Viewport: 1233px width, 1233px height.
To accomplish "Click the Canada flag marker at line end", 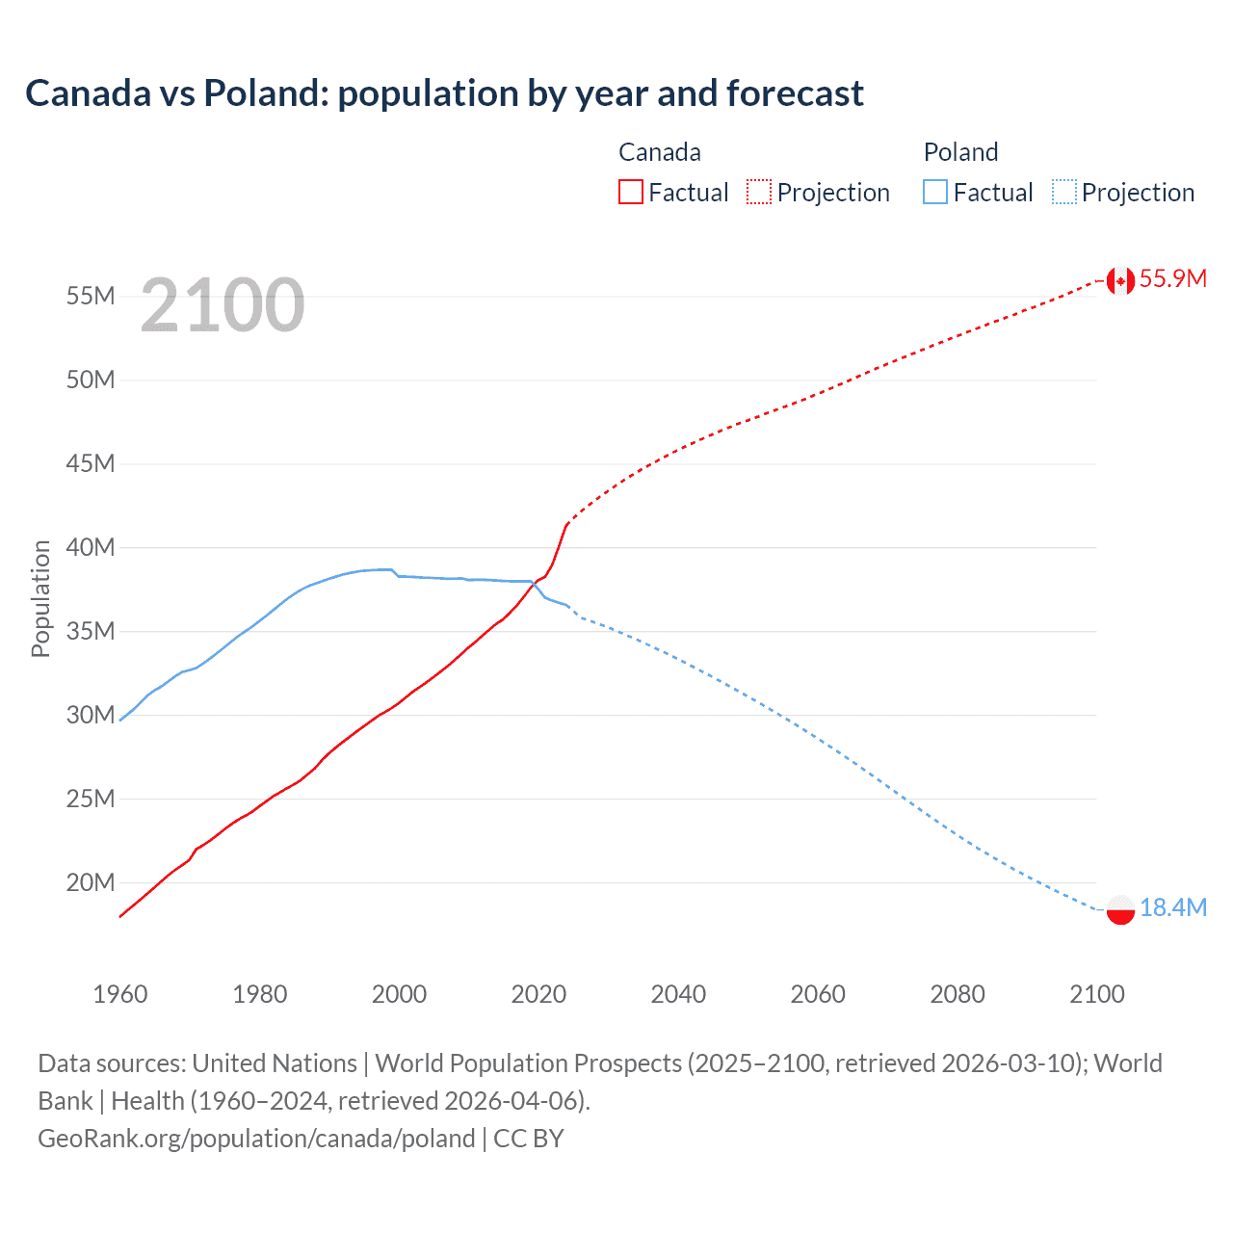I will (x=1120, y=280).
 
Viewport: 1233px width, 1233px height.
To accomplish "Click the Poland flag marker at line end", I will (x=1120, y=909).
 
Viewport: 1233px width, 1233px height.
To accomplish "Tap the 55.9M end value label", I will (x=1172, y=278).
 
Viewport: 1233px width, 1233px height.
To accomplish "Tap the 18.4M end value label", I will (x=1172, y=907).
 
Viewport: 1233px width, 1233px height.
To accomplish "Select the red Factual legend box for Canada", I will (x=631, y=192).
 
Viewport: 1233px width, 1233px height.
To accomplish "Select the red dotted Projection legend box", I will (x=759, y=192).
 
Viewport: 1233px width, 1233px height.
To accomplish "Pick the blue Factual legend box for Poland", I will (x=935, y=192).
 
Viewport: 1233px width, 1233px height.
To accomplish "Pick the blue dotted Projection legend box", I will (x=1064, y=192).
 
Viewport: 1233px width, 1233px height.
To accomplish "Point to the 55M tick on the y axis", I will (x=91, y=296).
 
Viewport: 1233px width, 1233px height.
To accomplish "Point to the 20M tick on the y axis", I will (x=91, y=882).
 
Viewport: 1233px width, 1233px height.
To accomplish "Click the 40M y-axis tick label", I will (x=91, y=547).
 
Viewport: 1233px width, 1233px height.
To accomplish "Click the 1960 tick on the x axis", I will (x=120, y=994).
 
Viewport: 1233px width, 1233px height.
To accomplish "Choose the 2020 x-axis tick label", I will (x=538, y=994).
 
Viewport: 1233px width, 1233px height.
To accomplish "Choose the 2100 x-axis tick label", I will (x=1096, y=994).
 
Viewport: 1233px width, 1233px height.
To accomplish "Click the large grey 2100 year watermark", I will (x=223, y=305).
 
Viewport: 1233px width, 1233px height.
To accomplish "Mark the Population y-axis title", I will (x=40, y=598).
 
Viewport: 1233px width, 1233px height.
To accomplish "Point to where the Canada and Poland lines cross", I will (x=534, y=582).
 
